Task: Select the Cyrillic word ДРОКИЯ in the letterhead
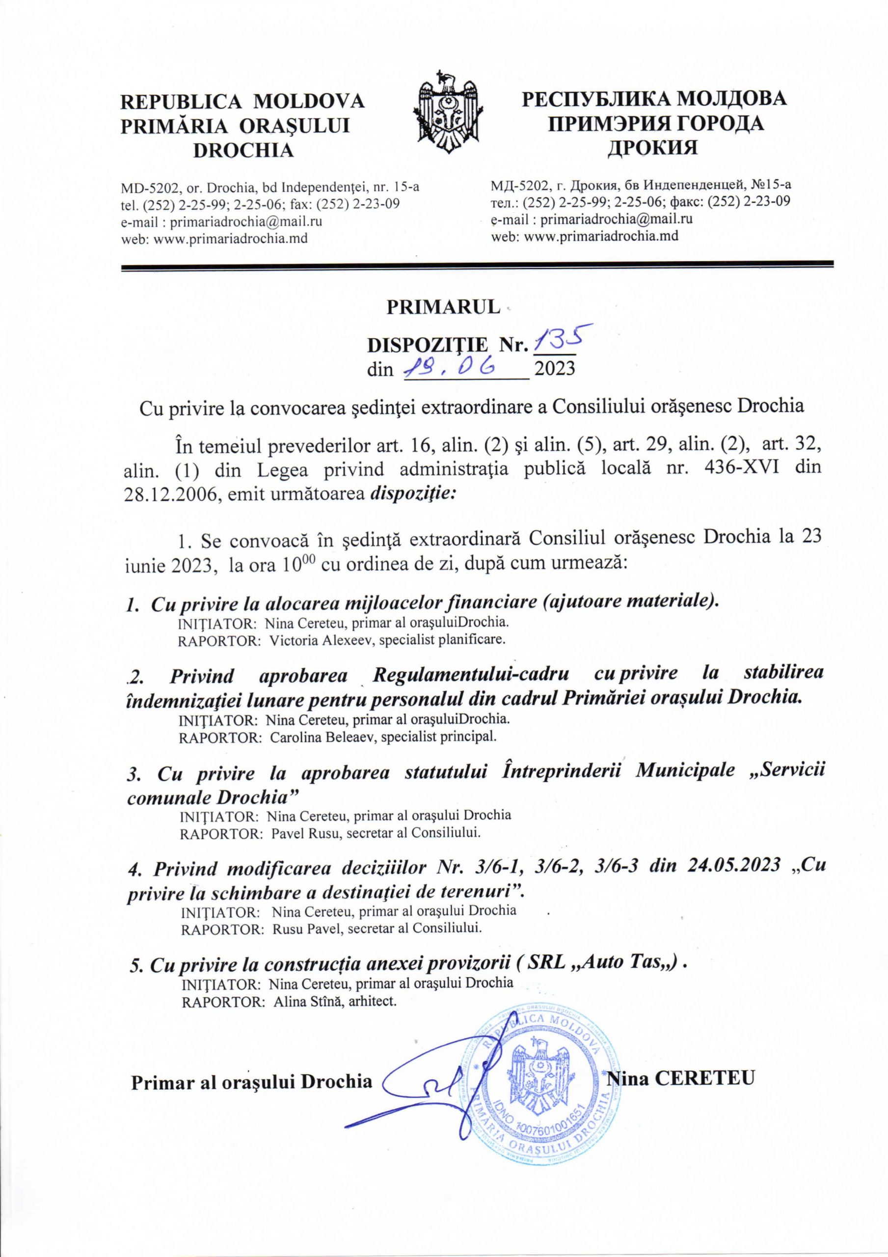pyautogui.click(x=654, y=147)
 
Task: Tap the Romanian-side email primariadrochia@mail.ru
pyautogui.click(x=246, y=222)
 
